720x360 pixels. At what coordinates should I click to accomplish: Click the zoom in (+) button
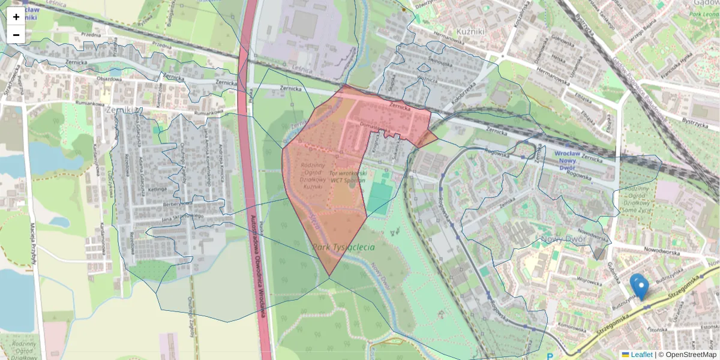click(16, 17)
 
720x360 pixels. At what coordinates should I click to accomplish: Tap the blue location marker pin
click(640, 287)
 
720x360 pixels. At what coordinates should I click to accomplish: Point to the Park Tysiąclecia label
click(343, 247)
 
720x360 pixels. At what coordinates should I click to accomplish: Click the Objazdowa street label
click(110, 79)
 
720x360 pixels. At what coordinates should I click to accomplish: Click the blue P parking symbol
click(550, 357)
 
